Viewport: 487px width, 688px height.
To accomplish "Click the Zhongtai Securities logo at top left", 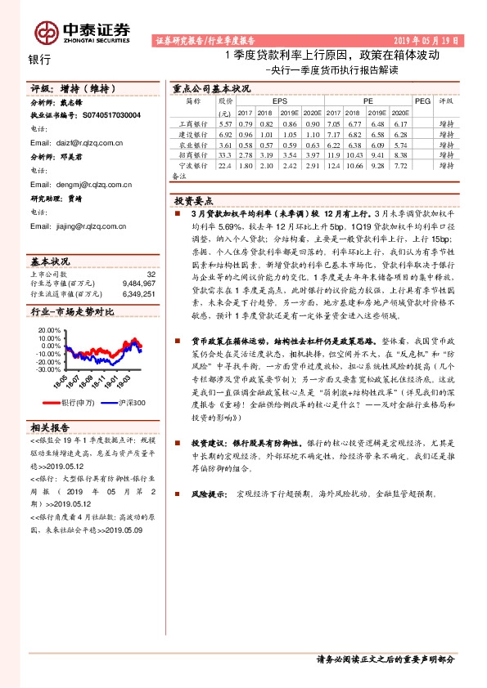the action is [x=82, y=31].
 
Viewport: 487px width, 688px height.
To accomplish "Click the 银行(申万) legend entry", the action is [x=79, y=402].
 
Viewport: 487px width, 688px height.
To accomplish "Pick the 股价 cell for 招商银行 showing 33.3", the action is [x=226, y=153].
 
